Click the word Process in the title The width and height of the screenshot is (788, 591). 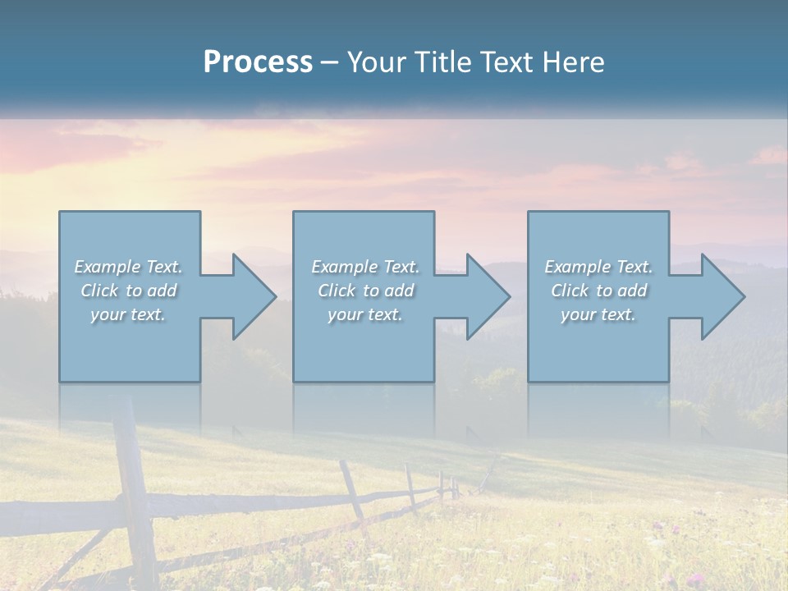coord(258,62)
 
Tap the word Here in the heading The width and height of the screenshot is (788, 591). coord(574,62)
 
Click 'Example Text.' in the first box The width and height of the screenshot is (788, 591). coord(128,267)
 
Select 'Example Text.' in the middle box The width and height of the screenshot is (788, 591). coord(364,267)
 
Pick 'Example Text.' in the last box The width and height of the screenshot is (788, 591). coord(598,267)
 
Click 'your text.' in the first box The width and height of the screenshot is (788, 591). coord(128,314)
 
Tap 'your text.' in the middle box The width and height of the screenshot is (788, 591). coord(364,314)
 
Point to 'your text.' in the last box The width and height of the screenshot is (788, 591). coord(598,314)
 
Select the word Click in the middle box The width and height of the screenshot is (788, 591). coord(337,291)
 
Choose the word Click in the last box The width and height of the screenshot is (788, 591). coord(570,291)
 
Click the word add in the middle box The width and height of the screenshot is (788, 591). coord(399,291)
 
